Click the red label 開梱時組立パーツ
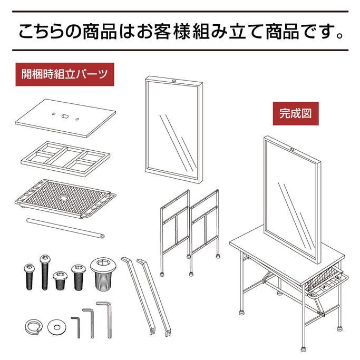(x=65, y=74)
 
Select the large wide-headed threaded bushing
(x=103, y=274)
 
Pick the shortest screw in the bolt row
(x=61, y=280)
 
